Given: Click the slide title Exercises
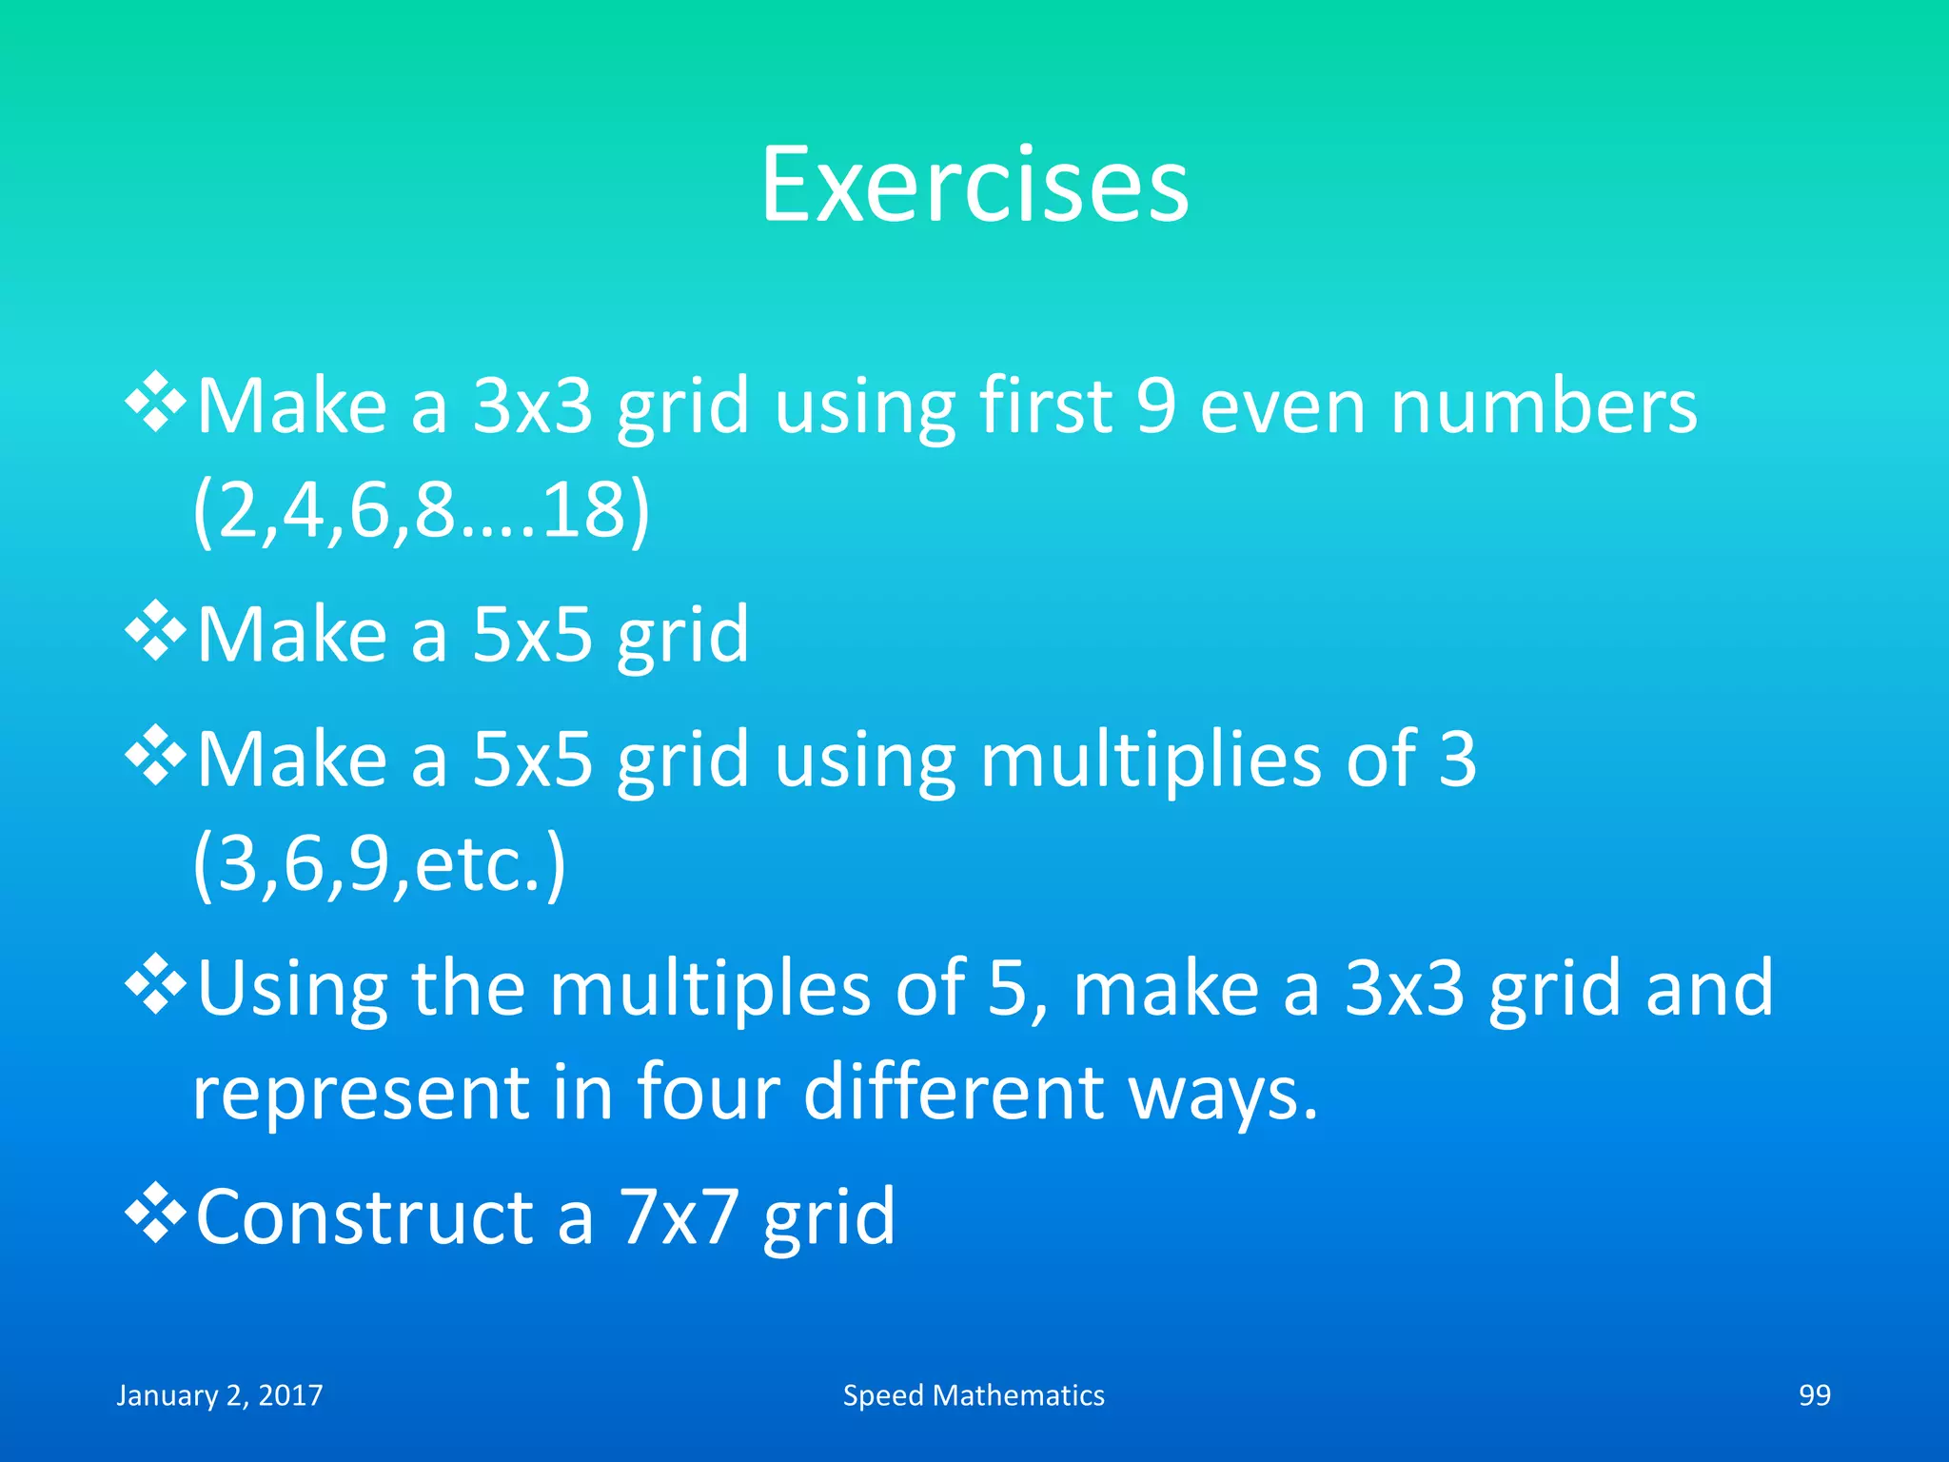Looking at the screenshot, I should click(974, 186).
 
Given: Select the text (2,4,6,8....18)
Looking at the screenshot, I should click(422, 511).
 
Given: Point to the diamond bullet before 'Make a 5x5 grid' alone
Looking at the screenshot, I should click(155, 631).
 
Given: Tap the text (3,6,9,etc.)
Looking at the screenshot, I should click(380, 864).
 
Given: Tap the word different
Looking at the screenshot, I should click(955, 1093).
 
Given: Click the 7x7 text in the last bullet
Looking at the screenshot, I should click(679, 1217).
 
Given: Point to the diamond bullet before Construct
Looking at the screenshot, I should click(155, 1215).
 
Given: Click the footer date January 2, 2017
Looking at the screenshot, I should click(220, 1395).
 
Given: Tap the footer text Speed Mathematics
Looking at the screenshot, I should click(974, 1395).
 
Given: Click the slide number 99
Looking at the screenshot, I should click(1814, 1395).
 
